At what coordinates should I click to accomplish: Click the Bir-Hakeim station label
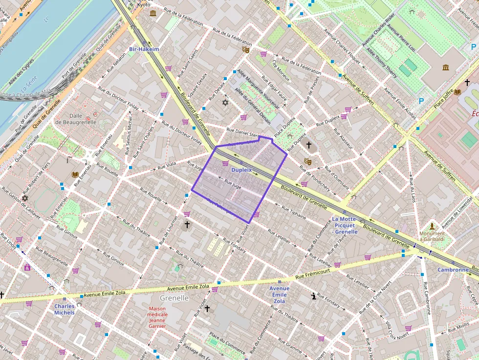(x=144, y=49)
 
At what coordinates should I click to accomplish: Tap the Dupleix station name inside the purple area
(x=241, y=170)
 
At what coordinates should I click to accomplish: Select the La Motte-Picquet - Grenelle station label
(x=345, y=225)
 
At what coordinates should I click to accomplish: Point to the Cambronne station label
(x=453, y=270)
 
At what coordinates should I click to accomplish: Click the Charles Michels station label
(x=65, y=309)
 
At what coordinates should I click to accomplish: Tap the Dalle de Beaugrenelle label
(x=76, y=119)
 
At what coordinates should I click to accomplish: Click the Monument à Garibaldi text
(x=432, y=236)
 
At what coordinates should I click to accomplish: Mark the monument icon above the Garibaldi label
(x=432, y=226)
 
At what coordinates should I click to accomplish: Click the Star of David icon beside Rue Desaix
(x=225, y=103)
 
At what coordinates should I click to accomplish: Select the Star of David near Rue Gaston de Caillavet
(x=25, y=198)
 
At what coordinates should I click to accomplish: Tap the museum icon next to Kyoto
(x=153, y=13)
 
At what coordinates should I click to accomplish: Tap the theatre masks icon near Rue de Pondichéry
(x=307, y=161)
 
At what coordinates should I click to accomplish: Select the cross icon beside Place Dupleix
(x=308, y=145)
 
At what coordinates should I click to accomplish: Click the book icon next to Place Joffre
(x=457, y=92)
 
